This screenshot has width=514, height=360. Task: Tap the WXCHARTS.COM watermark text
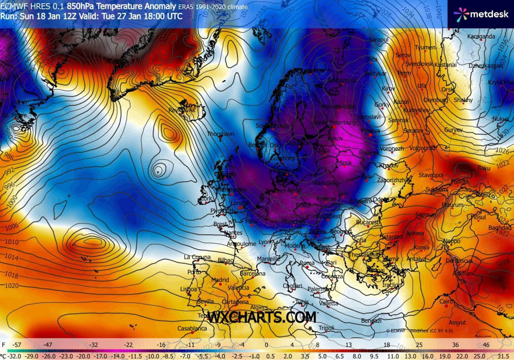[x=262, y=318]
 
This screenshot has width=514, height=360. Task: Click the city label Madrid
[x=220, y=280]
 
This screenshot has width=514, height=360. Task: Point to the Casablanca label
[x=192, y=329]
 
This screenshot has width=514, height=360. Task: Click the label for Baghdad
[x=499, y=228]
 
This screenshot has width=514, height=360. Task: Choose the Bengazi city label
[x=371, y=321]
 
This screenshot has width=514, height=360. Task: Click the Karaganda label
[x=481, y=36]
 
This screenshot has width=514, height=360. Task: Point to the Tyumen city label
[x=425, y=48]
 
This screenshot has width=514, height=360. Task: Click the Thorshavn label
[x=221, y=134]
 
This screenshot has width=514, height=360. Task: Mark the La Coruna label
[x=197, y=257]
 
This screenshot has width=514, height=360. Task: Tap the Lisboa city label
[x=189, y=289]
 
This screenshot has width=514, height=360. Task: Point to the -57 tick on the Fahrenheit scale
[x=17, y=345]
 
